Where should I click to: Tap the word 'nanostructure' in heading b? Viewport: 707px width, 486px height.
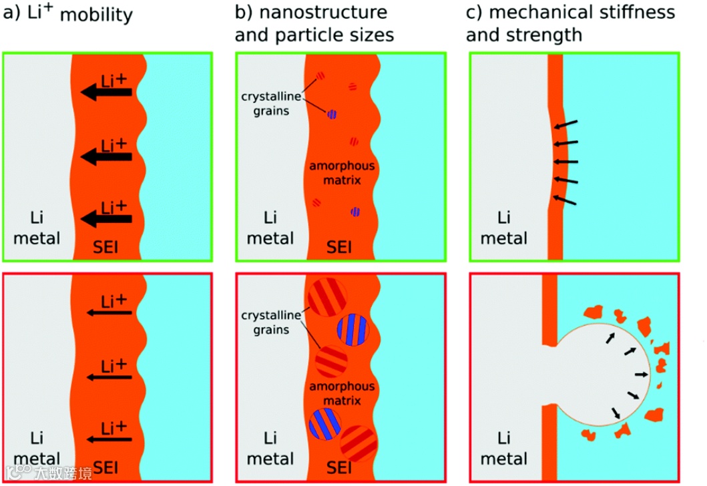pos(310,13)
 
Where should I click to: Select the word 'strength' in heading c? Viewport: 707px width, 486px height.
pos(542,34)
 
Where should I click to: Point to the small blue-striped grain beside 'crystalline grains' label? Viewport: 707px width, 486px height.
pos(332,114)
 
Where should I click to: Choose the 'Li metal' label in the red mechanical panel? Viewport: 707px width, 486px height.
pos(504,449)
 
